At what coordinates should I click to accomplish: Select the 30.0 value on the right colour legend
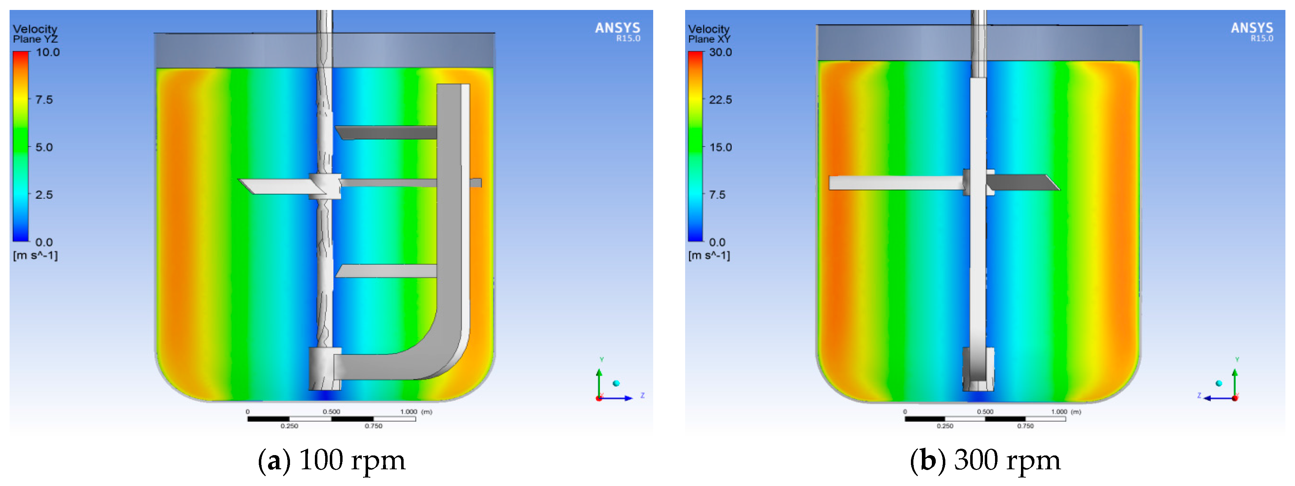click(720, 52)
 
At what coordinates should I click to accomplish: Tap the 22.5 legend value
click(720, 99)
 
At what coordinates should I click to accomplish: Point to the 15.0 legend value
click(720, 147)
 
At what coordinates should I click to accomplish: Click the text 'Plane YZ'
click(35, 39)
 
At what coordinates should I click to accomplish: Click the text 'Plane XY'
click(709, 39)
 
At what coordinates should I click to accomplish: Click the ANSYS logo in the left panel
click(617, 31)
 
